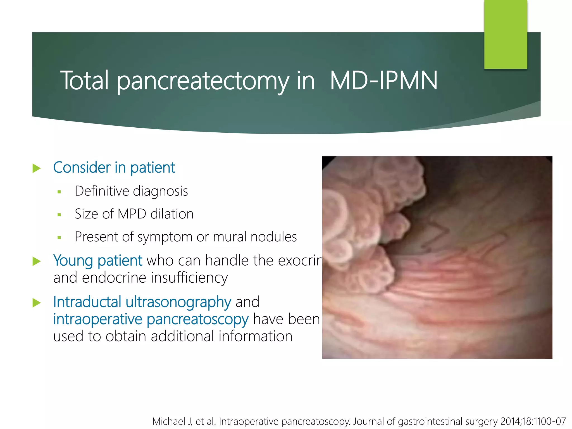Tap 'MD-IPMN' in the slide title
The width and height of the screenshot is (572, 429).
click(383, 81)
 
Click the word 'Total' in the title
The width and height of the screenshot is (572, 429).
click(84, 81)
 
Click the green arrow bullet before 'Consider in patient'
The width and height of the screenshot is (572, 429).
click(37, 168)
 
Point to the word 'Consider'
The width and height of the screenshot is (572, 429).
click(82, 168)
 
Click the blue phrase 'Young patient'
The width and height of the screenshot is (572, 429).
click(97, 261)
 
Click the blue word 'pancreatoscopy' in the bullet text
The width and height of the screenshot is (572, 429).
click(197, 319)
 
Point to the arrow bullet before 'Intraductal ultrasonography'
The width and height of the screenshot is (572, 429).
click(37, 303)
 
